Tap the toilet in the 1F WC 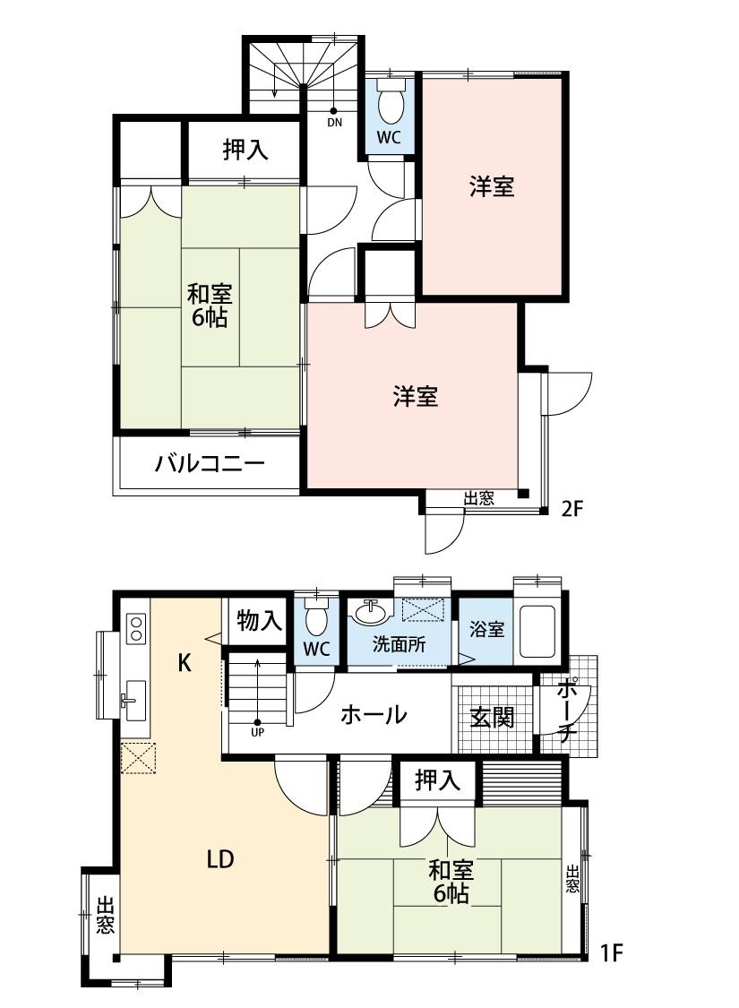click(316, 618)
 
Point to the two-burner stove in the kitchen click(136, 627)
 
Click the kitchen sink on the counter click(135, 695)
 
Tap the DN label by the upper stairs click(334, 122)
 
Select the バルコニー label click(209, 465)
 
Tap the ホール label click(374, 715)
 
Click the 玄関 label click(493, 718)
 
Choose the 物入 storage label click(260, 620)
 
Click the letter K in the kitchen click(185, 663)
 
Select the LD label click(220, 859)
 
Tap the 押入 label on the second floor click(245, 151)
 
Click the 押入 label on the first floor click(438, 781)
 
